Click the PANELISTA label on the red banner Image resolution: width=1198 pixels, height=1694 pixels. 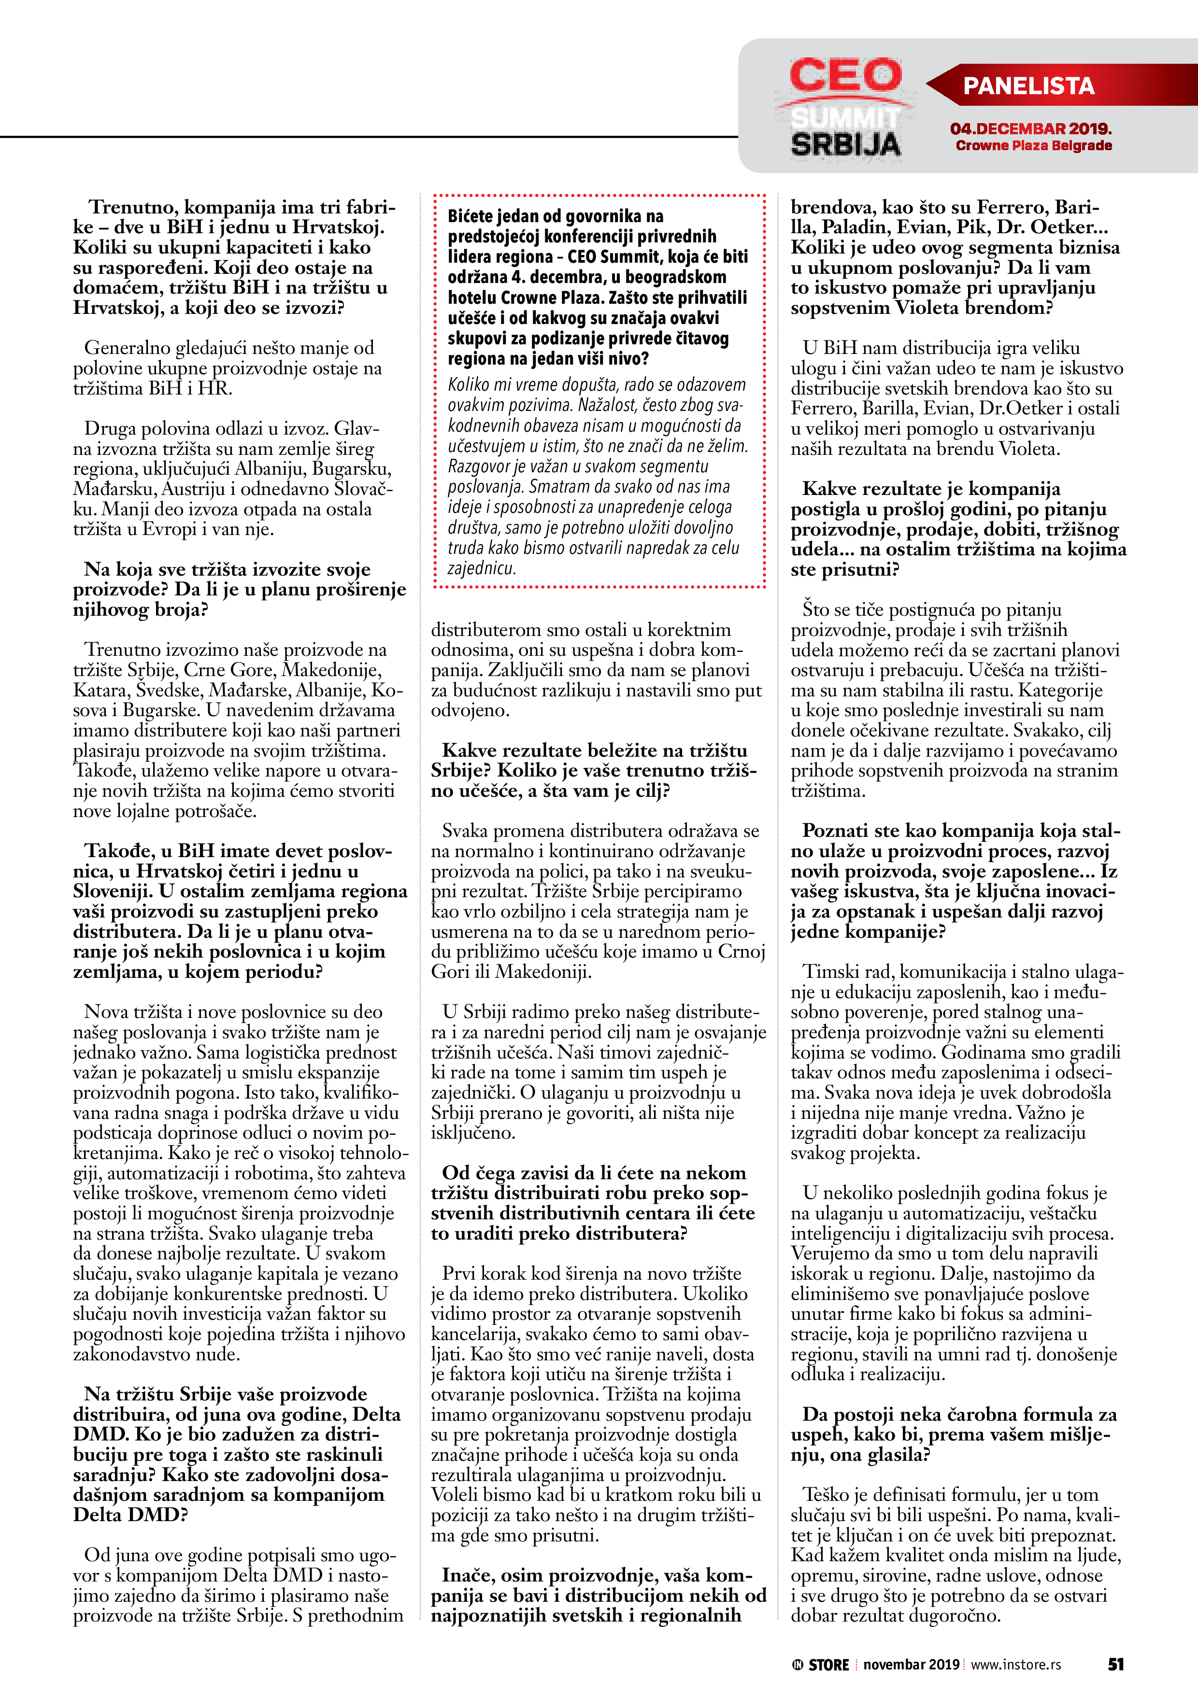tap(1028, 86)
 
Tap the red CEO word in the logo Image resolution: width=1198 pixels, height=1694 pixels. tap(845, 76)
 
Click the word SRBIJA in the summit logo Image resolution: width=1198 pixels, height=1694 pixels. tap(846, 144)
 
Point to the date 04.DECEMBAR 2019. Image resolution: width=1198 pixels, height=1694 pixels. tap(1030, 129)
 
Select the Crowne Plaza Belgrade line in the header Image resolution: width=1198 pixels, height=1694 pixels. tap(1033, 146)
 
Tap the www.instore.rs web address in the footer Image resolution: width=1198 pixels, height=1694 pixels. tap(1016, 1665)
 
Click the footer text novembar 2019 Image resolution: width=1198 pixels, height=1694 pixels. tap(911, 1665)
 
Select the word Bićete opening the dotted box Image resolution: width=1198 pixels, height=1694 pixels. tap(474, 216)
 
